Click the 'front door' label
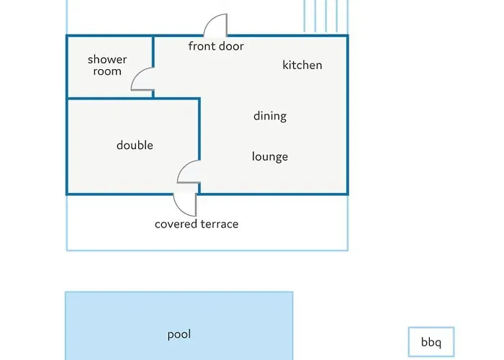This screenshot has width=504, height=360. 216,46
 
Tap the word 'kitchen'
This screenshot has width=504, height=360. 302,65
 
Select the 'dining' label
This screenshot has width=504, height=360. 270,116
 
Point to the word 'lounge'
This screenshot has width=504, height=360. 270,156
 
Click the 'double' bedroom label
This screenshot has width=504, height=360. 135,145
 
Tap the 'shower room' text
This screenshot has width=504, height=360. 107,66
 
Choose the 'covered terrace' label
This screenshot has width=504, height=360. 197,224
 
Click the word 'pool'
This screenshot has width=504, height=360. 179,335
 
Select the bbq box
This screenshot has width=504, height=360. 431,342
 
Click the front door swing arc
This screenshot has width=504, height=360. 210,19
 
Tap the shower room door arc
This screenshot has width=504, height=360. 137,73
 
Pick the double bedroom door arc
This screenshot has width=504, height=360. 183,166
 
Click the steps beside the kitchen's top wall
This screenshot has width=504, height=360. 326,16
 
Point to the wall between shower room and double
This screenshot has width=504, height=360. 133,99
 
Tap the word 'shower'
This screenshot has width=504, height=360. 107,60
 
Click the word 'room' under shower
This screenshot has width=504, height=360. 107,71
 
